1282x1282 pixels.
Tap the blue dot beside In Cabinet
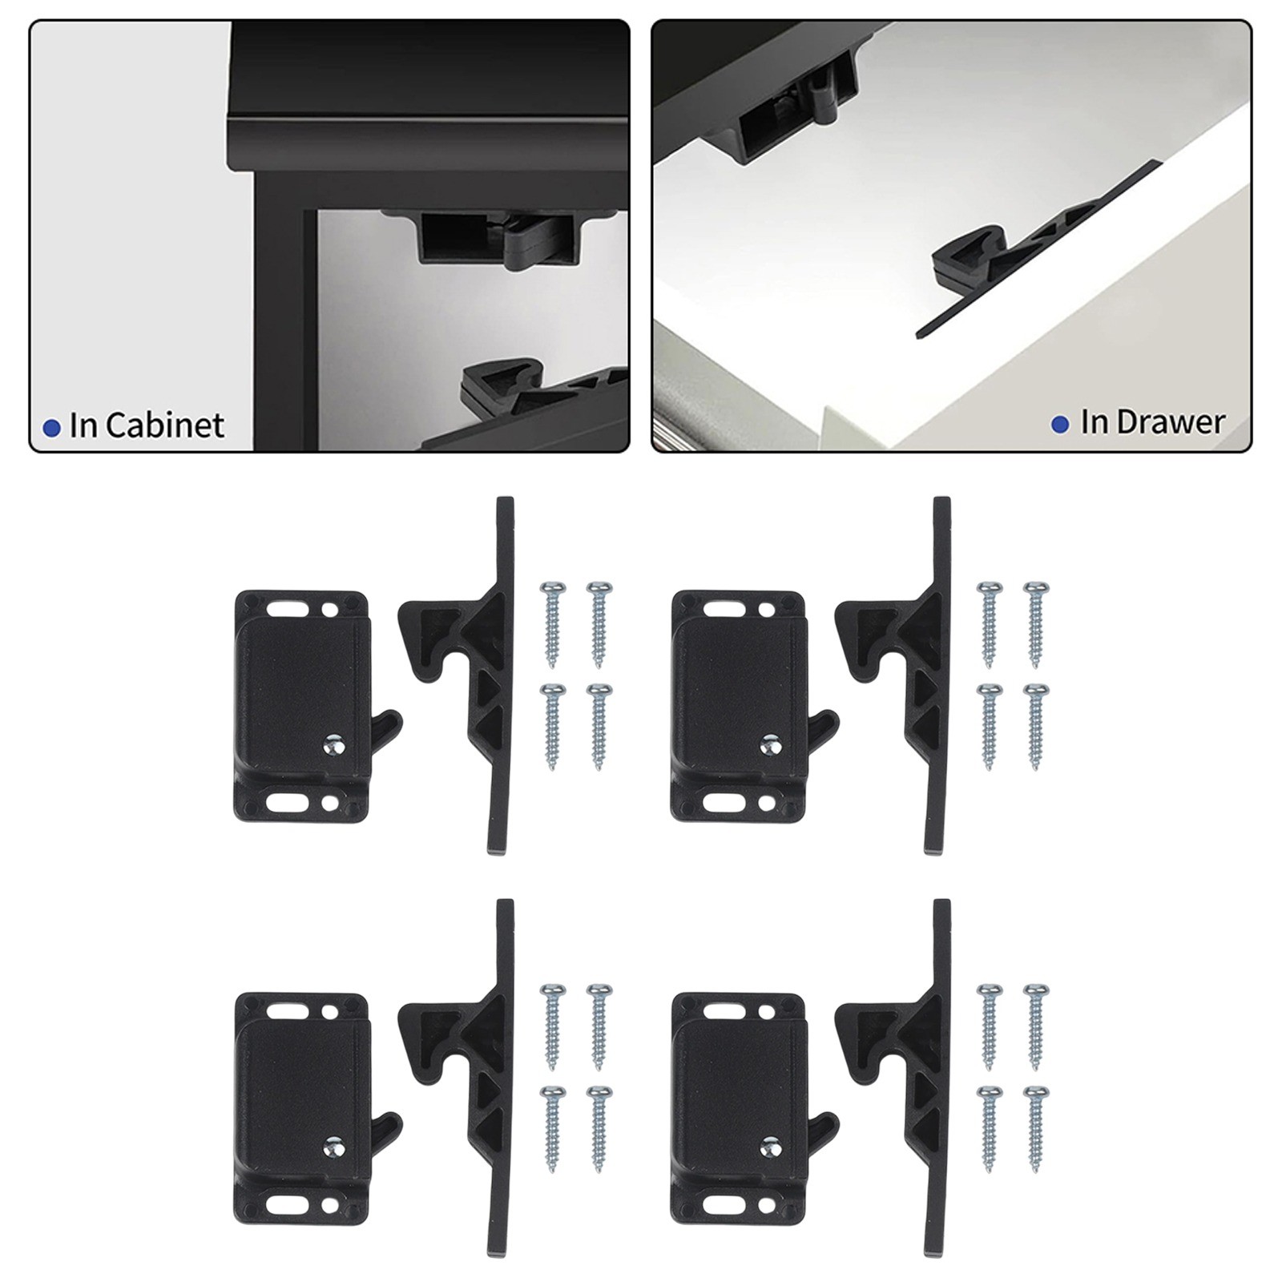tap(52, 428)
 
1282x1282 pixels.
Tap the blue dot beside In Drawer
tap(1060, 424)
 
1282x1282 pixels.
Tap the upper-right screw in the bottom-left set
tap(598, 1026)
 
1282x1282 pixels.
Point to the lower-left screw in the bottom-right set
tap(989, 1129)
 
